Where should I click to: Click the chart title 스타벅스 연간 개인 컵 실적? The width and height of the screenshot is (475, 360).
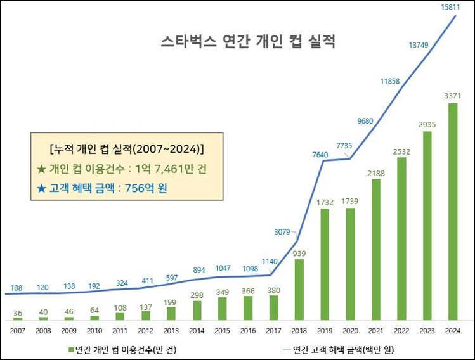(247, 42)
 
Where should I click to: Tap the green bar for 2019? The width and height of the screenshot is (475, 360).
(324, 264)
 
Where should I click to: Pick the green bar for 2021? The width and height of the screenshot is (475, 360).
(375, 249)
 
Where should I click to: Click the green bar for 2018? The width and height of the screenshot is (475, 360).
(299, 289)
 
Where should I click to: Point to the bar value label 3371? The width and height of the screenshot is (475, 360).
(452, 95)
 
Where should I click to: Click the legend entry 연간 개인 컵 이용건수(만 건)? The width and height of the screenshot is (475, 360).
(117, 349)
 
